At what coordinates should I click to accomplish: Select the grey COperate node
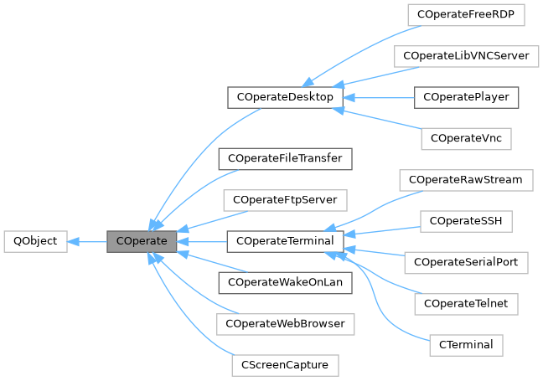pos(142,241)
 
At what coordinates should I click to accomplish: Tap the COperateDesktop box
pos(286,97)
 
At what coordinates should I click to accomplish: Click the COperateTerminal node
pos(286,241)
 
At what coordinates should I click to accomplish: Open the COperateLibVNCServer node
pos(465,55)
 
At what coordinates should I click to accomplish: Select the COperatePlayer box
pos(466,97)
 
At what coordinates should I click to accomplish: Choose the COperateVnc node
pos(465,136)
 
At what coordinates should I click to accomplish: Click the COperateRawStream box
pos(466,180)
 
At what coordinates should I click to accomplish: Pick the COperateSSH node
pos(465,221)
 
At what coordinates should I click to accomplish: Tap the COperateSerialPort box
pos(466,262)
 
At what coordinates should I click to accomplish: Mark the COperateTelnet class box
pos(466,302)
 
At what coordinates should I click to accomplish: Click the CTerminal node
pos(465,343)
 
